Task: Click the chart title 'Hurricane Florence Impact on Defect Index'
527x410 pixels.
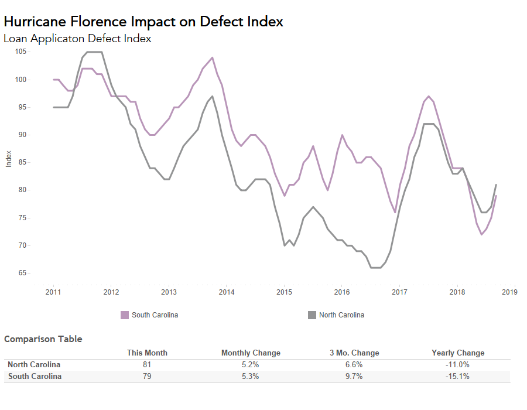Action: click(x=143, y=22)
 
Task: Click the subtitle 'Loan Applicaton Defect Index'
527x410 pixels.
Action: click(x=77, y=39)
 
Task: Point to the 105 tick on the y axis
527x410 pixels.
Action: click(x=21, y=52)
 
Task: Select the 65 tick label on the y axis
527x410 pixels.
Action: click(x=22, y=273)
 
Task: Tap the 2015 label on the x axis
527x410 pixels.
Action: click(x=284, y=292)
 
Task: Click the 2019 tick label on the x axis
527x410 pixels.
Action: click(x=509, y=292)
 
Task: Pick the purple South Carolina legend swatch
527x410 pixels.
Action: click(x=124, y=315)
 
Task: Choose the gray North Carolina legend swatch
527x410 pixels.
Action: click(x=312, y=315)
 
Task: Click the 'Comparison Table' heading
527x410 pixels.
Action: click(x=43, y=339)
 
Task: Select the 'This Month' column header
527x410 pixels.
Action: click(x=147, y=353)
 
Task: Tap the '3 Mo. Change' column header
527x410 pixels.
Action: click(x=354, y=353)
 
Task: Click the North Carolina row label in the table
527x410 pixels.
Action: click(x=34, y=365)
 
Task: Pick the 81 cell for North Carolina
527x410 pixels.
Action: click(x=147, y=365)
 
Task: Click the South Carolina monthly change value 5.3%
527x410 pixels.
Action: click(x=250, y=377)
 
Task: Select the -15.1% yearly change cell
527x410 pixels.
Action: click(x=458, y=377)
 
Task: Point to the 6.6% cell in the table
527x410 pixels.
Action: click(x=354, y=365)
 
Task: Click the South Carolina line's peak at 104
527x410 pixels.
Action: click(x=211, y=57)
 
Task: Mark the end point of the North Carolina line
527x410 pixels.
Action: click(x=497, y=185)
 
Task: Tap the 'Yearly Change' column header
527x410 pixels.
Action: click(x=458, y=353)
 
